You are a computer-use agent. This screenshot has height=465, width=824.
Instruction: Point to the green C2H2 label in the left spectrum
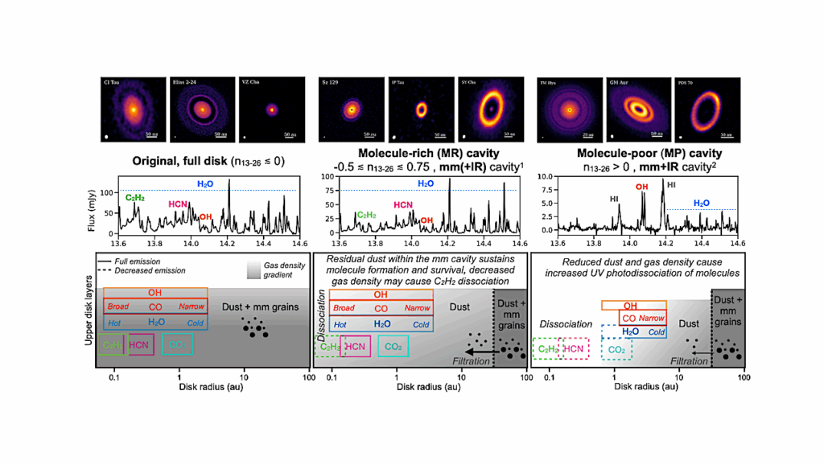[x=134, y=195]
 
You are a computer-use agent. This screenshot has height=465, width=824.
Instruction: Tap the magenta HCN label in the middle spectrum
[x=404, y=205]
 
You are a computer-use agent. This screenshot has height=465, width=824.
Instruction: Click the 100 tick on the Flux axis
[x=105, y=194]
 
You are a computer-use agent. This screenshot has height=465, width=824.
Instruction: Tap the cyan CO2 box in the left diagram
[x=177, y=345]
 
